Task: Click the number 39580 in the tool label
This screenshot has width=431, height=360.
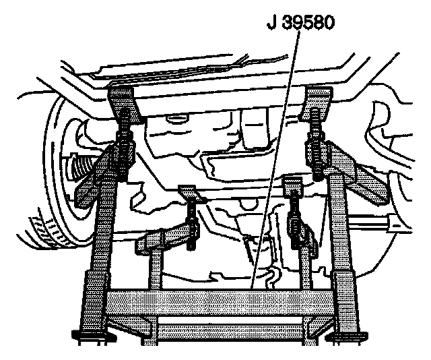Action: coord(308,22)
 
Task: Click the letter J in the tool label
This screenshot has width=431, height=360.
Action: coord(271,23)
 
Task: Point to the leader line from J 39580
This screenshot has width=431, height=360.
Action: coord(275,159)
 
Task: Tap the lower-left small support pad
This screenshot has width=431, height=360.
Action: coord(191,193)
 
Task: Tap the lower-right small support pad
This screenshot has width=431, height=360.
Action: coord(294,183)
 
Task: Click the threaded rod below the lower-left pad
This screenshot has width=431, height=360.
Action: coord(191,226)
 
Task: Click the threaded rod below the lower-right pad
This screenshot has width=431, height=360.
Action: coord(295,218)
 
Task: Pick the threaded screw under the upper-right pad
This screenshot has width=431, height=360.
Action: coord(316,143)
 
